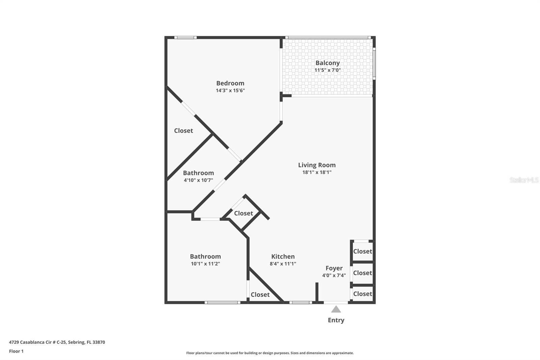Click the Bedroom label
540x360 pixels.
(x=230, y=83)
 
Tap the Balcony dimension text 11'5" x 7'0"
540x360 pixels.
(x=327, y=70)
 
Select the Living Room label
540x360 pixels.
(x=317, y=165)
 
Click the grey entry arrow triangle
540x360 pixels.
(x=336, y=309)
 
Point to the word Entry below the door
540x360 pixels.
(x=336, y=320)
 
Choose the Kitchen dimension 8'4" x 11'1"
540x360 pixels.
(x=283, y=264)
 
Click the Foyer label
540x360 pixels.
(x=334, y=268)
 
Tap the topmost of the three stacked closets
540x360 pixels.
(x=362, y=251)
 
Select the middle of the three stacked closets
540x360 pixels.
(x=362, y=273)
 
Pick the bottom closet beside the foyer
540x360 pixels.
(x=362, y=294)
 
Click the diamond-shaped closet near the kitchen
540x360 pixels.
(x=243, y=213)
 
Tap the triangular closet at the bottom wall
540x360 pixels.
(x=260, y=294)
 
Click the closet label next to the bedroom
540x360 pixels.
(x=183, y=130)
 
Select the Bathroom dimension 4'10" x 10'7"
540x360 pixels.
(x=198, y=180)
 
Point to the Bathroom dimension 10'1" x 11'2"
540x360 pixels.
(x=205, y=264)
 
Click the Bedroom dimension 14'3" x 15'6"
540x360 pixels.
(x=230, y=91)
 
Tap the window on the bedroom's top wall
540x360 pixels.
(x=185, y=37)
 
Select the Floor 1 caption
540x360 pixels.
(x=16, y=351)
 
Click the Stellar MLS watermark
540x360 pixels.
(x=524, y=180)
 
